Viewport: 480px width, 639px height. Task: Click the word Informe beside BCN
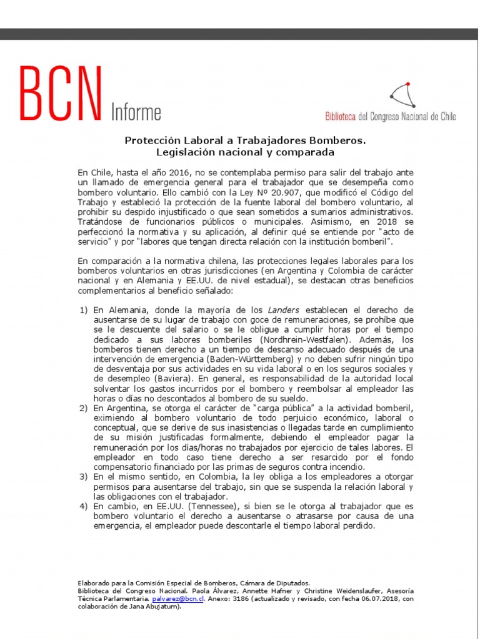(x=136, y=112)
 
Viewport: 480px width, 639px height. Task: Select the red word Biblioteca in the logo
(x=341, y=116)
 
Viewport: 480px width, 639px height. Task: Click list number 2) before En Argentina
(x=84, y=409)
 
